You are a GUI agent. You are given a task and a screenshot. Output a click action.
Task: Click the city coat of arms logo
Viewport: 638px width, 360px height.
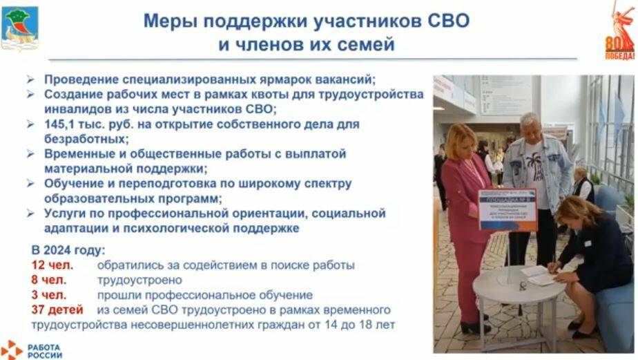tap(20, 28)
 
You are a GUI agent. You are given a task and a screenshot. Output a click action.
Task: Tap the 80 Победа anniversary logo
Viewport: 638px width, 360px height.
tap(619, 32)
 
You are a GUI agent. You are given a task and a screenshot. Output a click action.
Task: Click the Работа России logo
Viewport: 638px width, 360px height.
tap(31, 350)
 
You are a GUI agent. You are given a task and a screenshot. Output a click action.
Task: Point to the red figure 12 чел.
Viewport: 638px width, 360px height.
tap(52, 265)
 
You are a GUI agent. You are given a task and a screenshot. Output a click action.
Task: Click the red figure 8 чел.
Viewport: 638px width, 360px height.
tap(48, 280)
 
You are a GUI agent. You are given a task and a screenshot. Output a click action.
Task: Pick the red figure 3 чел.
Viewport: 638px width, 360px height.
tap(48, 295)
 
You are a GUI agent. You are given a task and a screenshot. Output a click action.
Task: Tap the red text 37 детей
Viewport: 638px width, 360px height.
tap(57, 310)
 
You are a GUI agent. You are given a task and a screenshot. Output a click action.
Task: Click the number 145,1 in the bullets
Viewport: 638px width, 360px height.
tap(63, 124)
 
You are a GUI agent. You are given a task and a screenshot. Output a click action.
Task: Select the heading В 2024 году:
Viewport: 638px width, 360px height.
tap(68, 250)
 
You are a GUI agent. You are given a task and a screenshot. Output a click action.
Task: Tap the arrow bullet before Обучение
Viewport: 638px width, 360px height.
tap(31, 184)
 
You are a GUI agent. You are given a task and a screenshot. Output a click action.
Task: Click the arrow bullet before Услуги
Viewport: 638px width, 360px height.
tap(31, 214)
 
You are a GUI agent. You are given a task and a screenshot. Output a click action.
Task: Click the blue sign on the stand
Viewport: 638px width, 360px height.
tap(507, 210)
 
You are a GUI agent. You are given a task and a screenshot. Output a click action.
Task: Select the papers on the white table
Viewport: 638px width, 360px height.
tap(539, 274)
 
